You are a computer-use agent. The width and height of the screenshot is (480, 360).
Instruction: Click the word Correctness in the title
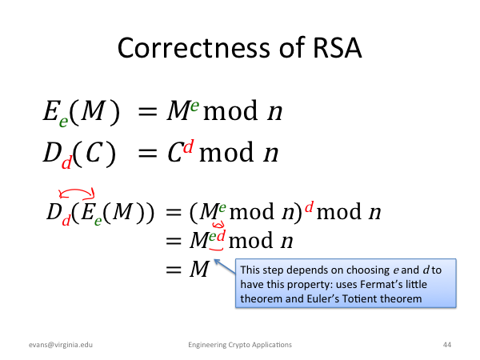click(194, 48)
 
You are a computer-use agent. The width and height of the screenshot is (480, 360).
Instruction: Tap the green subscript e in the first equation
click(63, 122)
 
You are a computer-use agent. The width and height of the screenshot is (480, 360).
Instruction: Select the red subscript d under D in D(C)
click(66, 162)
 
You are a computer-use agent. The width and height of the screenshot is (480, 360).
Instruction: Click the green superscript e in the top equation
click(194, 106)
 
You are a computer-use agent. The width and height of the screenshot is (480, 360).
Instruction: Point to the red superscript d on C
click(189, 146)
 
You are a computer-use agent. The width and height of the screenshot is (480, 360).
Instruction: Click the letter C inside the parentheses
click(94, 153)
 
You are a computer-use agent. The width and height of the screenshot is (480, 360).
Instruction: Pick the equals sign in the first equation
click(147, 111)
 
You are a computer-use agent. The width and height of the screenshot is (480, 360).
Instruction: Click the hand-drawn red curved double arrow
click(77, 190)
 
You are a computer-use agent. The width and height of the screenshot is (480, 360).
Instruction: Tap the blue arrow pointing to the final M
click(224, 266)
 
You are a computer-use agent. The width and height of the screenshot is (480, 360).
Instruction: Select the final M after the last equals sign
click(199, 269)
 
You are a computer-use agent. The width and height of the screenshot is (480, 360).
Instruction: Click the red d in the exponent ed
click(221, 236)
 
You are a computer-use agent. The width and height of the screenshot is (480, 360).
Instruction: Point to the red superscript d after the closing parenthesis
click(309, 207)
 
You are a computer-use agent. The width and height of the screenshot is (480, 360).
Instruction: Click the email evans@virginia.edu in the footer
click(61, 345)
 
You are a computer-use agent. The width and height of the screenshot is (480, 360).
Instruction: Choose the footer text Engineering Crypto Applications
click(240, 345)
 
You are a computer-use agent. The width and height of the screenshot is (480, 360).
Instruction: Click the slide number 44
click(447, 345)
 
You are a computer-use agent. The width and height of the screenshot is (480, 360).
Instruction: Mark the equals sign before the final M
click(174, 270)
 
